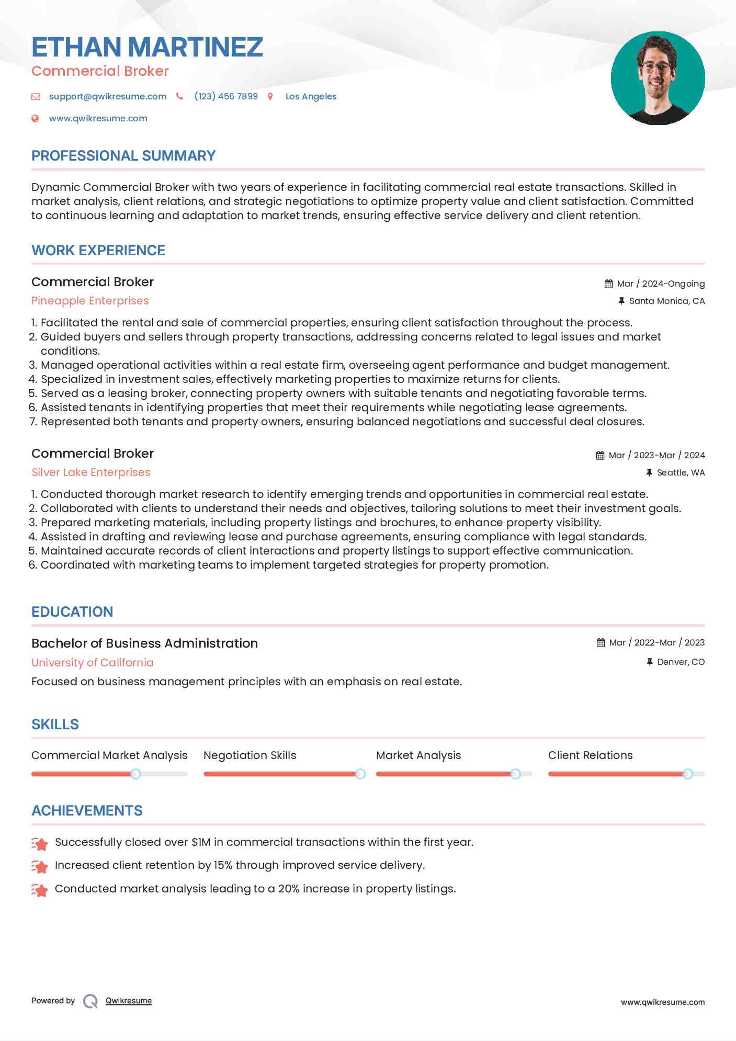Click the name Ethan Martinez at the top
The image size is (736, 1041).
[x=147, y=47]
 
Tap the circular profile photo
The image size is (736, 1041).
[x=658, y=78]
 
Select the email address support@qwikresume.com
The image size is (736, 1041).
[x=108, y=96]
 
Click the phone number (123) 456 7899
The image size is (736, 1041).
[x=226, y=96]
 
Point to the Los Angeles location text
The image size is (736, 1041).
[x=311, y=96]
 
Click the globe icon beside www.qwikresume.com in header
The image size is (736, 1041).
[x=35, y=118]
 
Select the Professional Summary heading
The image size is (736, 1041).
[x=123, y=156]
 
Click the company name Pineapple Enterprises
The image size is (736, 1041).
[x=90, y=301]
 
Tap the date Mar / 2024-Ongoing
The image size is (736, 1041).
[x=660, y=284]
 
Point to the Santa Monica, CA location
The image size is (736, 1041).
[x=666, y=301]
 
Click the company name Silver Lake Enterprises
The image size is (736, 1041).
[x=90, y=472]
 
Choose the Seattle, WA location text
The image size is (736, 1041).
[x=680, y=472]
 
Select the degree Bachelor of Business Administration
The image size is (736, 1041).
[x=144, y=643]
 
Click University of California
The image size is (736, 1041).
[x=93, y=663]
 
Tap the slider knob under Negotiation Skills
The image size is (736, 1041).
[x=360, y=774]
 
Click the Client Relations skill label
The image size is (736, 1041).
[x=590, y=755]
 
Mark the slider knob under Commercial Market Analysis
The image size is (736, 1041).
[x=135, y=774]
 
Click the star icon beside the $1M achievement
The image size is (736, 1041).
[x=40, y=843]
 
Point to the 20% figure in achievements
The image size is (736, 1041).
[x=288, y=889]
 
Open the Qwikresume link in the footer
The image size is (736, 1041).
[x=128, y=1001]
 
